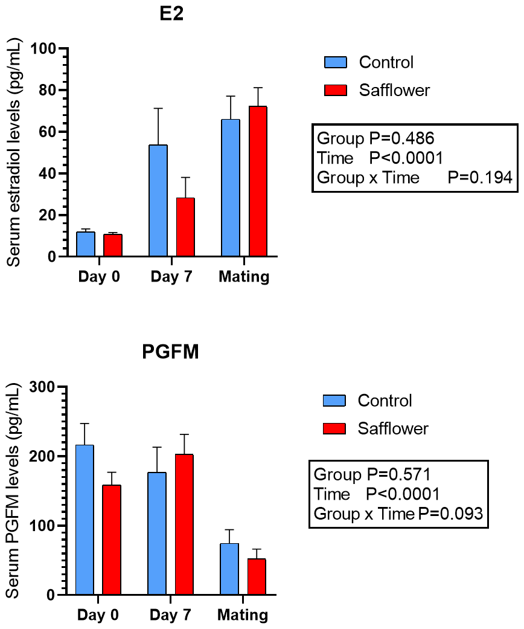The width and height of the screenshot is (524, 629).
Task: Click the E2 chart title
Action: (x=171, y=14)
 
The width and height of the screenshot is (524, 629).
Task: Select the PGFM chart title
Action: (x=170, y=352)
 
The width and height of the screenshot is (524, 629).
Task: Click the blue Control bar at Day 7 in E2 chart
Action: (x=158, y=201)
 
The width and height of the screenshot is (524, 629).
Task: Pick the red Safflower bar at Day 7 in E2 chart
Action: (x=185, y=227)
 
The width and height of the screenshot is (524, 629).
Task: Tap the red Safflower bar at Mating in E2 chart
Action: (x=258, y=181)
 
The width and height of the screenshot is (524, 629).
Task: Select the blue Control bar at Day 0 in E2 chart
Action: (x=86, y=244)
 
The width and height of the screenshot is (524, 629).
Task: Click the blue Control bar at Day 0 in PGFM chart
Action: (x=85, y=520)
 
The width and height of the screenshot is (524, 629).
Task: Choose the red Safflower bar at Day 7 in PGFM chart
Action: (x=184, y=524)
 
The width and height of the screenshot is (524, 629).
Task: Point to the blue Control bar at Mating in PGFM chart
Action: (x=229, y=569)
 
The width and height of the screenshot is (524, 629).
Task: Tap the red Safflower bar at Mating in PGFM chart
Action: (x=257, y=576)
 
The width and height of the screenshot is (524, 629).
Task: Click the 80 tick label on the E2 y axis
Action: (x=48, y=90)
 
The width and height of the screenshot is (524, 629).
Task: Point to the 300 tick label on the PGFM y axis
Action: (x=42, y=387)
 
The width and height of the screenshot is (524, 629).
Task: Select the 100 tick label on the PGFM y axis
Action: (x=42, y=526)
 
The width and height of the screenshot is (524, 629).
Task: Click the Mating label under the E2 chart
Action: (x=244, y=277)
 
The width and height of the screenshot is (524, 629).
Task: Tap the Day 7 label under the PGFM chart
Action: (x=170, y=614)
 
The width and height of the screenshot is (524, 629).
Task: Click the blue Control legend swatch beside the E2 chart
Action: (x=336, y=62)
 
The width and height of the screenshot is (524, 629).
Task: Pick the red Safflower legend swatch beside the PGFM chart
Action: (x=334, y=428)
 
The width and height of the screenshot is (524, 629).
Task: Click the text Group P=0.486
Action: (x=375, y=138)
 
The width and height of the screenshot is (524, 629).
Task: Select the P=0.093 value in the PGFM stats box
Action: (x=450, y=514)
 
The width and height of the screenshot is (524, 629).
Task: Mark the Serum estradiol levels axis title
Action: (x=14, y=152)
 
